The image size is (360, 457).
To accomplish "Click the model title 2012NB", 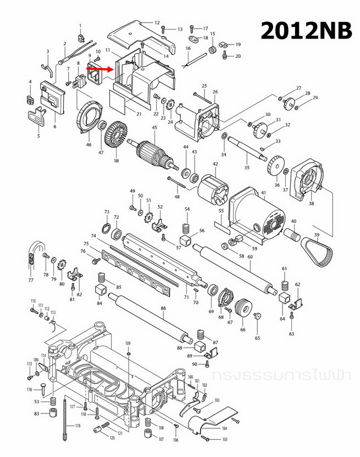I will coord(306,30).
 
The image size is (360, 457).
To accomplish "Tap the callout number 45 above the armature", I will coord(154,128).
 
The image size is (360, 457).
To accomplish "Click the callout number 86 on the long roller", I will coord(163,310).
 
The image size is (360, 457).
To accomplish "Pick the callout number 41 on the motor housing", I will coord(263,192).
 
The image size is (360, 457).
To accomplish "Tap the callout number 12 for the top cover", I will coord(157,23).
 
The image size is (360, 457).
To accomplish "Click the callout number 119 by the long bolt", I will coord(77,426).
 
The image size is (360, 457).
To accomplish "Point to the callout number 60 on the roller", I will coord(250,257).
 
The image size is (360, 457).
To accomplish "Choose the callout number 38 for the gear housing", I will coord(311,203).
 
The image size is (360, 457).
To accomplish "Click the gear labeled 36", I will coord(275,166).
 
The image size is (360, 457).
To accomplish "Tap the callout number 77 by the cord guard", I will coord(31,280).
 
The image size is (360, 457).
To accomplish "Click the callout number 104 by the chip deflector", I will coord(224,428).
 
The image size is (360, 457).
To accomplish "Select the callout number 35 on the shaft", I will coord(247,167).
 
